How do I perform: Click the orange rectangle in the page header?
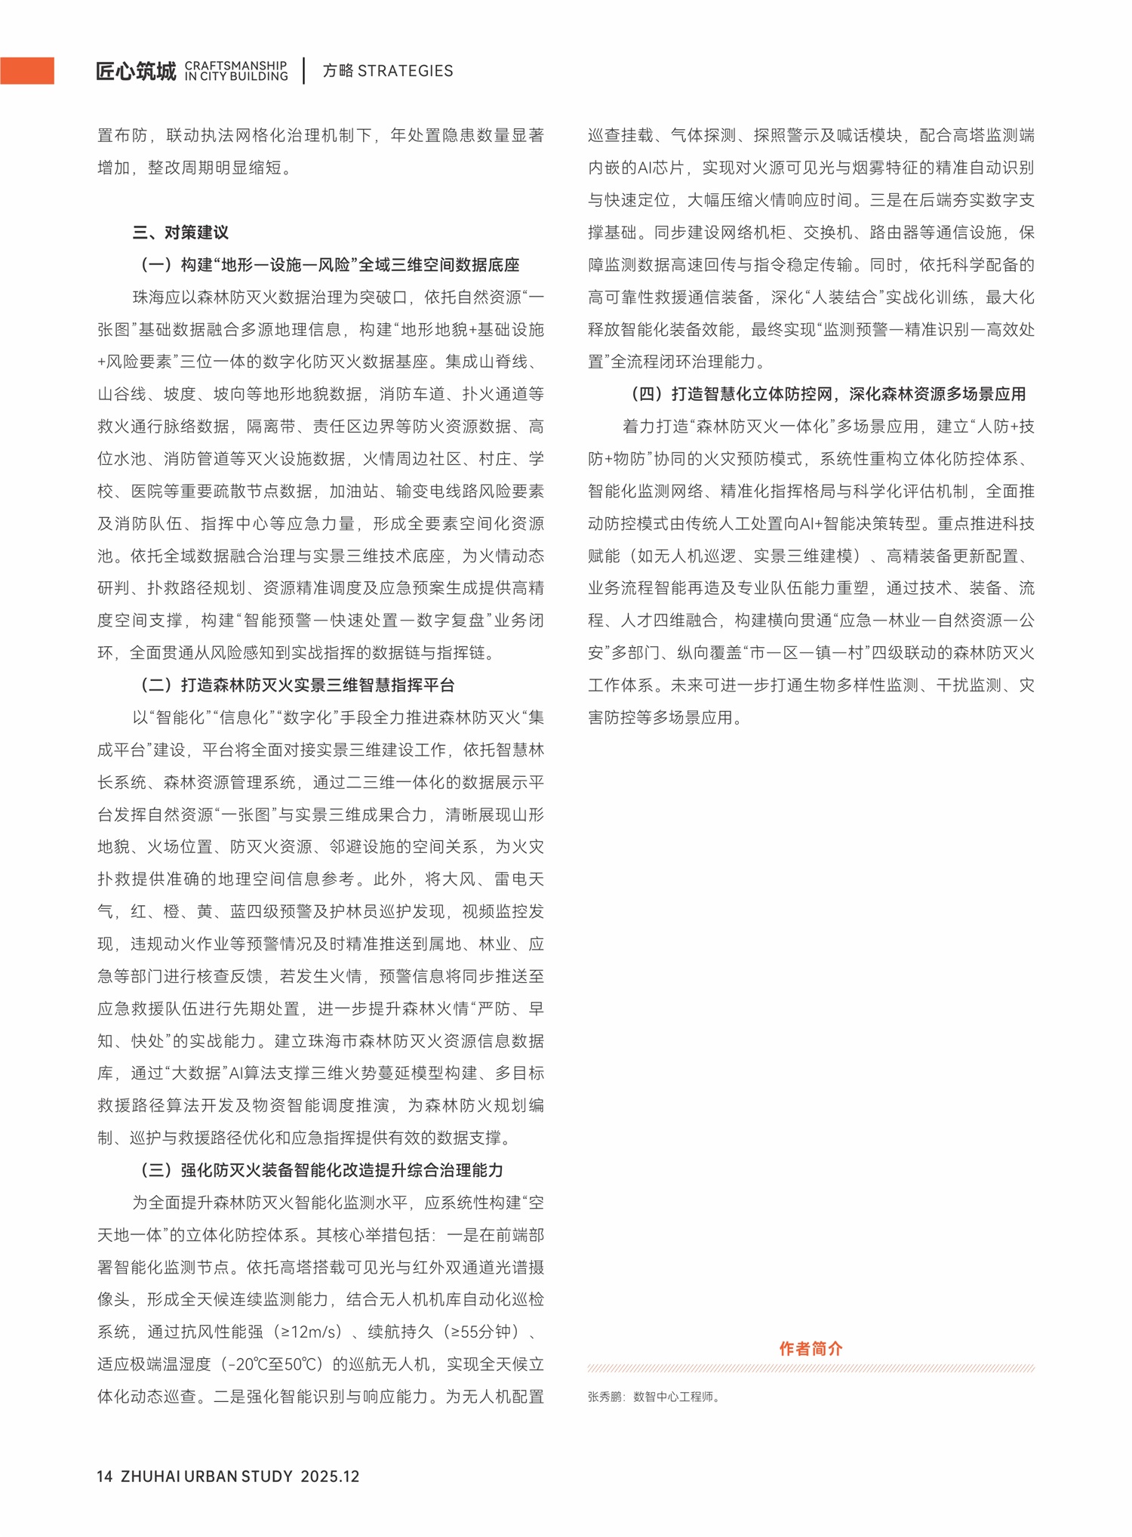(27, 70)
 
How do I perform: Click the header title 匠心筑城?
(136, 71)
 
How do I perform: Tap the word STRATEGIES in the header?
(405, 71)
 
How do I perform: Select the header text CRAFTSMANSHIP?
(235, 66)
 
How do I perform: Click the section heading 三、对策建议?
(180, 232)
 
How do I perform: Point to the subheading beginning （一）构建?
(330, 264)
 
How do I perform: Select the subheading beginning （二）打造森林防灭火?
(297, 685)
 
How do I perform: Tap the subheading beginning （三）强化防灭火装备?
(321, 1169)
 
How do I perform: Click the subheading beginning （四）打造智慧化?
(828, 393)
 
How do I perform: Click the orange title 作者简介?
(811, 1348)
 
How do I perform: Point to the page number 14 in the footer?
(105, 1476)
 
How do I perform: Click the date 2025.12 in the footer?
(330, 1476)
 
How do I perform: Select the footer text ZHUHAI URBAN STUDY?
(206, 1476)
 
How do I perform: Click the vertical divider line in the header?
(304, 70)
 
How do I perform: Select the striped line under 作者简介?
(811, 1368)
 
